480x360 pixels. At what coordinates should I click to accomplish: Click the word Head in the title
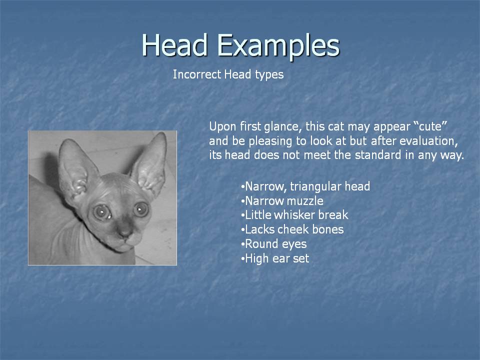(175, 45)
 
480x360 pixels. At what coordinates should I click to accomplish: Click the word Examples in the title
(278, 46)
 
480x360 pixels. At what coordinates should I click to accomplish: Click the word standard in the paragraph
(378, 154)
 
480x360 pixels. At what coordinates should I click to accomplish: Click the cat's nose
(124, 232)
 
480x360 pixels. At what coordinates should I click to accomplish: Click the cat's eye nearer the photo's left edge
(102, 212)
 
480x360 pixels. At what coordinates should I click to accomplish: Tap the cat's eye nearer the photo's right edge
(141, 209)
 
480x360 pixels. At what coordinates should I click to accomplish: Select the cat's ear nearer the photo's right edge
(150, 165)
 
